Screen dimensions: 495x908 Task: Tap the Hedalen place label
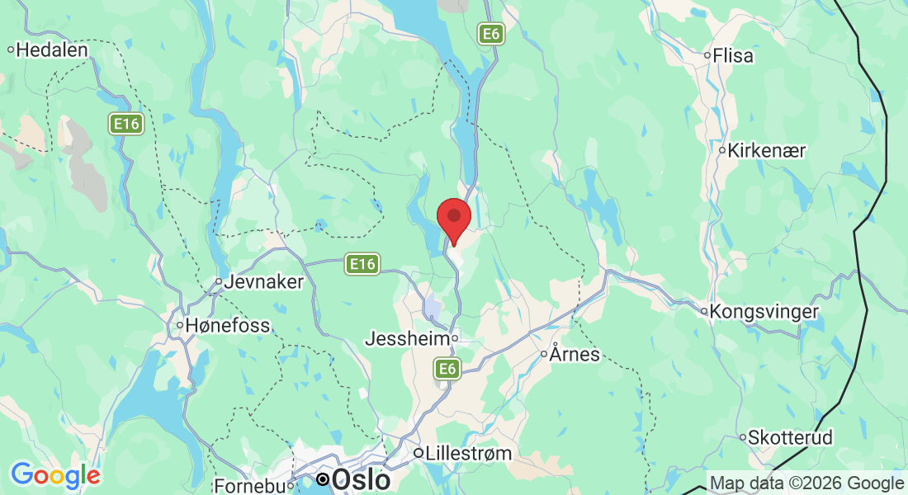(x=52, y=49)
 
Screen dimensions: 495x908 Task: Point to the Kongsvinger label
(x=764, y=312)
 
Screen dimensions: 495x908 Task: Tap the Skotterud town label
(x=791, y=437)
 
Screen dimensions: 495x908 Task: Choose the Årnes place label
(x=575, y=356)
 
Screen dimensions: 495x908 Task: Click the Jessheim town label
(x=406, y=339)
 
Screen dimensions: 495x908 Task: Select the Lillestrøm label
(x=468, y=453)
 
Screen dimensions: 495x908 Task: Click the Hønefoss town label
(x=227, y=326)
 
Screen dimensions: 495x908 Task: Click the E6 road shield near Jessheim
(x=447, y=369)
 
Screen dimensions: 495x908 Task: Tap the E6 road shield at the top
(x=491, y=34)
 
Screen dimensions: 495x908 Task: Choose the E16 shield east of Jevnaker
(x=362, y=264)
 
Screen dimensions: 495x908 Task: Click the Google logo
(x=55, y=475)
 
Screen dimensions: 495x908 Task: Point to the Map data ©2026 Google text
(x=806, y=483)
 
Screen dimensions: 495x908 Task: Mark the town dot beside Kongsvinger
(x=704, y=312)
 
